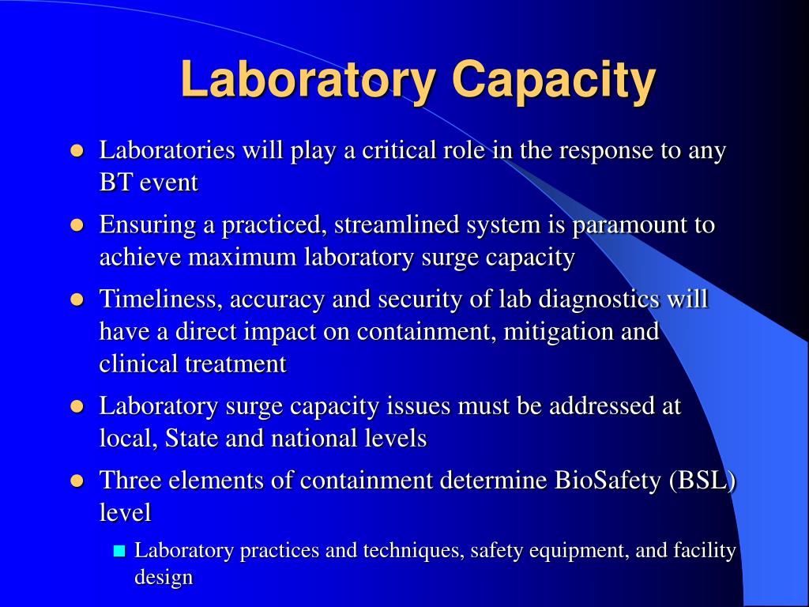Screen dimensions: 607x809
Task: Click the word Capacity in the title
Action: click(554, 80)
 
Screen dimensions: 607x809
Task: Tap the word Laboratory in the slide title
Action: click(308, 80)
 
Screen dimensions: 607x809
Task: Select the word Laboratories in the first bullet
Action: click(167, 150)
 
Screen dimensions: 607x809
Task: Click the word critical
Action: click(398, 150)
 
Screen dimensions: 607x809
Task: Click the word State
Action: click(192, 438)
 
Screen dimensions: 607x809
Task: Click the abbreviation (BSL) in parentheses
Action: click(702, 481)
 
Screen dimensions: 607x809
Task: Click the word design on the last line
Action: click(164, 577)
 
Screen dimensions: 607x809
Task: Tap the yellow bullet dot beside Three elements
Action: click(77, 481)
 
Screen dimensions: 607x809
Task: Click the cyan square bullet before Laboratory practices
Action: click(120, 551)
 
